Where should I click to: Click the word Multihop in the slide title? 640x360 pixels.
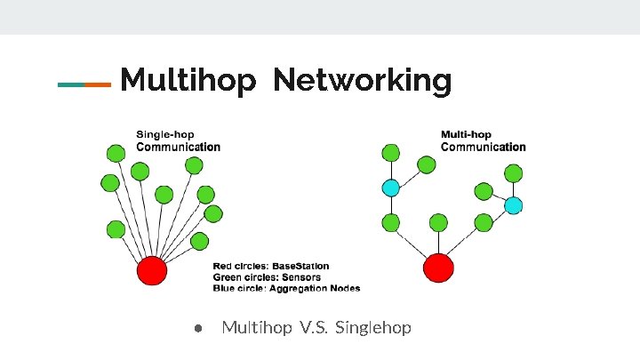[x=188, y=81]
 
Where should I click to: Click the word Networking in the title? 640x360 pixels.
[x=363, y=81]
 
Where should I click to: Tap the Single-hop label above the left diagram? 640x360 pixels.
[x=164, y=135]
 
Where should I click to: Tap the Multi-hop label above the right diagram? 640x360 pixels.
[x=466, y=135]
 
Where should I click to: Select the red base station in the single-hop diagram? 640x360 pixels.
[x=152, y=269]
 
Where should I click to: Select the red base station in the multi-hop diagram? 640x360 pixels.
[x=438, y=268]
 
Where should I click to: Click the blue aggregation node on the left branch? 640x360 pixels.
[x=390, y=188]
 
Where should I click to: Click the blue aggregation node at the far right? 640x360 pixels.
[x=514, y=205]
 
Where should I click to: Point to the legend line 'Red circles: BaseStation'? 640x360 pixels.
[x=271, y=266]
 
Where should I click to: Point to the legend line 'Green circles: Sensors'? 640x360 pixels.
[x=266, y=276]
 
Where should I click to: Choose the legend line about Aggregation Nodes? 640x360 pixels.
[x=286, y=287]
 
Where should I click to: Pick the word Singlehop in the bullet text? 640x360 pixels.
[x=374, y=328]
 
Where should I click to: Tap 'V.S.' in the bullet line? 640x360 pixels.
[x=317, y=328]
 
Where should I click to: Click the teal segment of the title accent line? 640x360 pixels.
[x=71, y=84]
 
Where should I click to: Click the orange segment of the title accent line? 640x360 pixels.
[x=98, y=84]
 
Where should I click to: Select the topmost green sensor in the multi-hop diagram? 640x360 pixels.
[x=389, y=152]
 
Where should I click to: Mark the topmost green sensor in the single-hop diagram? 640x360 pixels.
[x=116, y=153]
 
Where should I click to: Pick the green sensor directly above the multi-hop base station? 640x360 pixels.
[x=438, y=222]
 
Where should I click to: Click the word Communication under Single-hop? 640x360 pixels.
[x=178, y=147]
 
